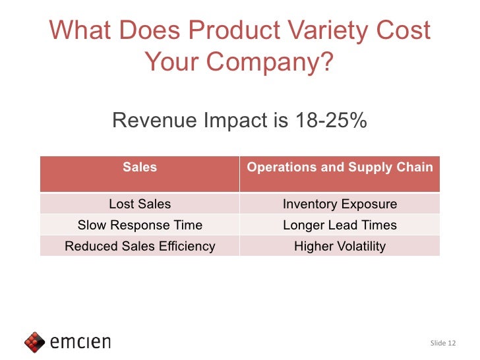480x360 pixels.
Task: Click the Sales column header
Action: point(140,167)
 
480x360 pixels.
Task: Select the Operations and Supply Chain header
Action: point(340,167)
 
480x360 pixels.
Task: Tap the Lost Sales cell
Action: point(140,204)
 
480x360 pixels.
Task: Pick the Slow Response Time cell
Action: point(140,225)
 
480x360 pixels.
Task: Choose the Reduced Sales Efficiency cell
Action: point(140,246)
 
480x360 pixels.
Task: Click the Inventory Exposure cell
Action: point(340,204)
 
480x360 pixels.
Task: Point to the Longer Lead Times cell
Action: point(340,225)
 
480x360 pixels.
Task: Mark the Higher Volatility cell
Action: point(340,246)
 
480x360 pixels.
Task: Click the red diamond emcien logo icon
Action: point(34,342)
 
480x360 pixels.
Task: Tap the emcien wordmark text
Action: point(80,342)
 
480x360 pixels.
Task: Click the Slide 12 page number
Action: point(442,343)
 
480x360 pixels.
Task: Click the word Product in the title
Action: point(237,31)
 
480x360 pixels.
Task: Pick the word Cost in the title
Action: point(405,31)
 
